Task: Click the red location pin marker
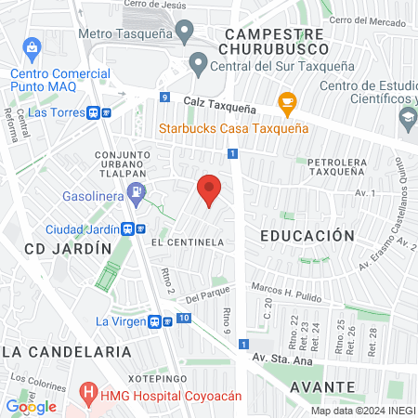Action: pyautogui.click(x=210, y=189)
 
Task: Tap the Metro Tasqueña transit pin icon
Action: pyautogui.click(x=186, y=34)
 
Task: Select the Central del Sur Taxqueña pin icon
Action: pyautogui.click(x=198, y=64)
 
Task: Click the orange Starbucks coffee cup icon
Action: pyautogui.click(x=287, y=101)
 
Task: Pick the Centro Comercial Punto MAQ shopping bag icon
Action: pyautogui.click(x=33, y=46)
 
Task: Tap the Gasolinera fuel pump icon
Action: pyautogui.click(x=137, y=194)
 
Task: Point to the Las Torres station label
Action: pyautogui.click(x=52, y=111)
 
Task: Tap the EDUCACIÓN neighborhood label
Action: pyautogui.click(x=307, y=236)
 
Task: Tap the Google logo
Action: pyautogui.click(x=32, y=406)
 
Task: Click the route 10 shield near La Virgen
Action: pyautogui.click(x=184, y=319)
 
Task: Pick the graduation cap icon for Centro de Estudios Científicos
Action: pyautogui.click(x=407, y=117)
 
